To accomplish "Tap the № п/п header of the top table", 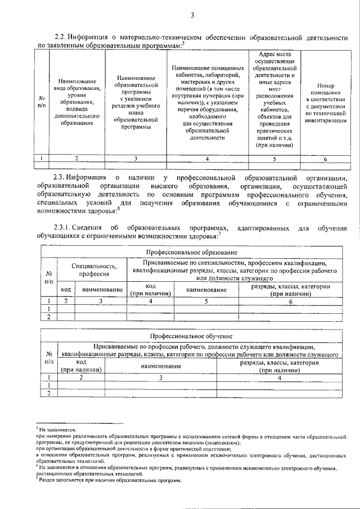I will pos(42,101).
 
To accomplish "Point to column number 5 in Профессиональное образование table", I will pos(206,301).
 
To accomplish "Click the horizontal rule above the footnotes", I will pos(79,424).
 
